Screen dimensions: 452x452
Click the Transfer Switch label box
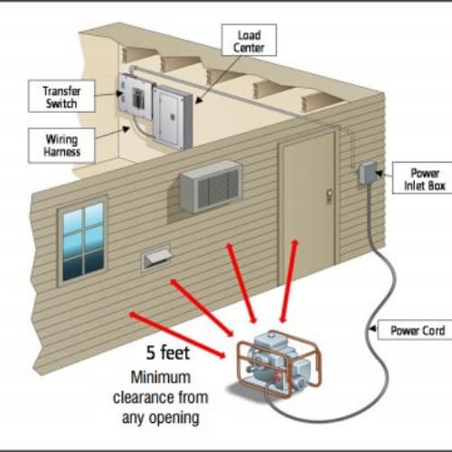[x=61, y=96]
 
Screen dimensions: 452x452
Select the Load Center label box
[x=249, y=40]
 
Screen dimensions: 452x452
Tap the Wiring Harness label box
[x=61, y=146]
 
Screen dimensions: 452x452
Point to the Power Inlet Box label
[x=423, y=178]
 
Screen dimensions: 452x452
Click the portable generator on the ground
[x=278, y=363]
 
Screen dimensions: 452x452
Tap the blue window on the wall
[x=82, y=241]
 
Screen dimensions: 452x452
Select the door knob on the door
[x=329, y=193]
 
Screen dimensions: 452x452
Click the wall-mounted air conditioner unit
[x=211, y=186]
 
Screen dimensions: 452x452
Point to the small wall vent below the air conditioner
[x=156, y=258]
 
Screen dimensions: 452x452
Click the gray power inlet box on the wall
[x=367, y=173]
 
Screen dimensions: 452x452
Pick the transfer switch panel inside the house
[x=135, y=96]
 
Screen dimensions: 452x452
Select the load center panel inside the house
[x=173, y=118]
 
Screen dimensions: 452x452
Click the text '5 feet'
[x=168, y=353]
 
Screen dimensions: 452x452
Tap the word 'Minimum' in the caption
[x=161, y=377]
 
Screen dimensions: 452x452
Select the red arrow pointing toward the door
[x=288, y=281]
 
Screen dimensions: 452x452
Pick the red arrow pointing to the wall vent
[x=202, y=307]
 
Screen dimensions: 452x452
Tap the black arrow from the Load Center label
[x=217, y=80]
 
